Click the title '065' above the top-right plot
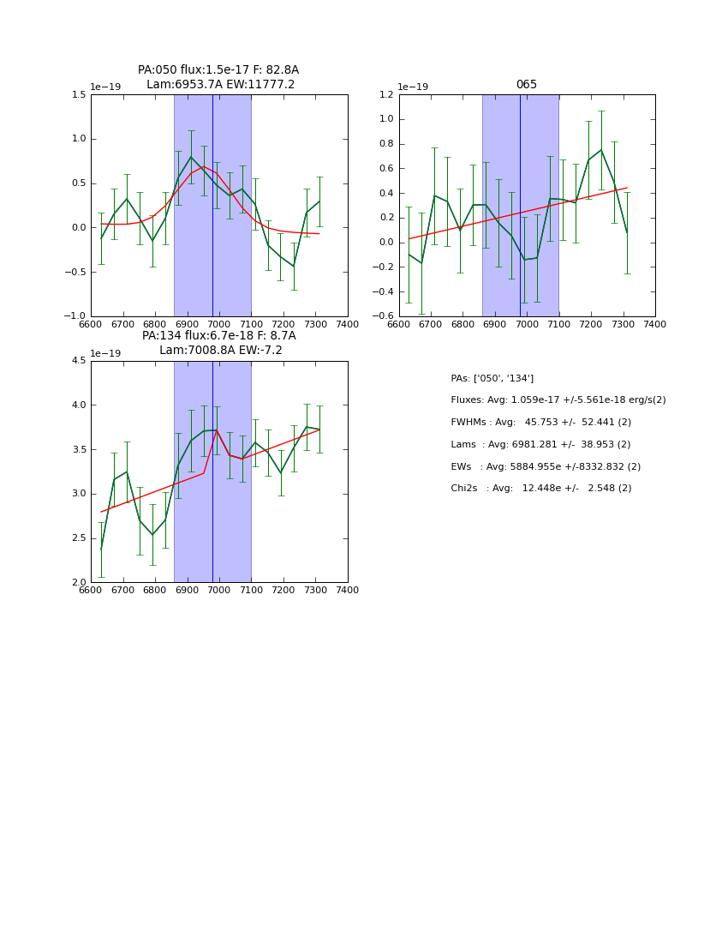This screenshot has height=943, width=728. (526, 85)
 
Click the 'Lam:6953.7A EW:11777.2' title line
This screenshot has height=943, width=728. (220, 84)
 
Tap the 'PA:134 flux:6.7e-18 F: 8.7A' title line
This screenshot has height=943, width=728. (218, 336)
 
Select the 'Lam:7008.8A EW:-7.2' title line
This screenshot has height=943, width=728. (220, 351)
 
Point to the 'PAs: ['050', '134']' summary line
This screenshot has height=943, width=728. (492, 378)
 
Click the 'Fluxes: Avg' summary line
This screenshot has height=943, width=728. (558, 400)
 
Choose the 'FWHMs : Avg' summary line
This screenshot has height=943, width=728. (540, 423)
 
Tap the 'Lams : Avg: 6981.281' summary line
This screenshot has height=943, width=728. (540, 445)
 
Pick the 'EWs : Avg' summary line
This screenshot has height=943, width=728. (546, 467)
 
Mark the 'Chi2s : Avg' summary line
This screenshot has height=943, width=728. (540, 489)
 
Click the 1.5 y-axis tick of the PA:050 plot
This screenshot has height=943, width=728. (78, 95)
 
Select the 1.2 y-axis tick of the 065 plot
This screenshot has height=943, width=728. (386, 95)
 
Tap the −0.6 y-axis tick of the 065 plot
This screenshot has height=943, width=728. (384, 316)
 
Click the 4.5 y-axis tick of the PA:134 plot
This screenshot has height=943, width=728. (78, 361)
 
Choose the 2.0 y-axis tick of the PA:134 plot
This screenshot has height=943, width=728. (78, 583)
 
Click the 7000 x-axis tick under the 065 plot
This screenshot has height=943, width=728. (527, 325)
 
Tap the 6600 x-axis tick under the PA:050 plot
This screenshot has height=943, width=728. (91, 325)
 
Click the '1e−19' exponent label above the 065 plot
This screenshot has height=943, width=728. (415, 87)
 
